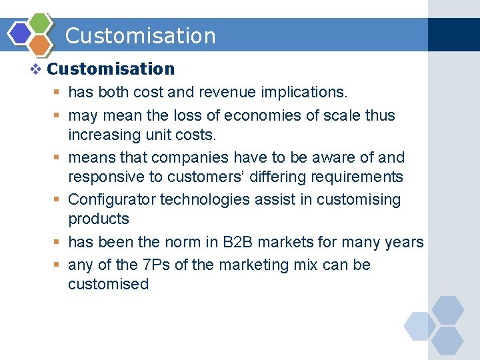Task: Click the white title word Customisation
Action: (x=141, y=36)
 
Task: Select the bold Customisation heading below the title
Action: (x=111, y=69)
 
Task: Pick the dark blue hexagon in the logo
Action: (x=21, y=33)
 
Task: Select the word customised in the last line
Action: (x=108, y=284)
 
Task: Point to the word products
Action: (x=99, y=219)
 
